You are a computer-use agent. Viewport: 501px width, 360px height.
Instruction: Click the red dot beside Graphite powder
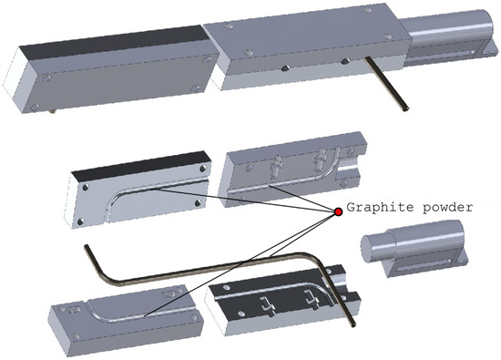point(338,211)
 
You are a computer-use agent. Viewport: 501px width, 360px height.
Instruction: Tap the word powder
point(447,208)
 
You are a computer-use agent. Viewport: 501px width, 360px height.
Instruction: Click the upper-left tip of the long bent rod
point(87,246)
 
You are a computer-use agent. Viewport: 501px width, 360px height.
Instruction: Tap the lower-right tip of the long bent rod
point(353,324)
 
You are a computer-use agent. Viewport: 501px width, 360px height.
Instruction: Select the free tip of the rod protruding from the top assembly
point(406,109)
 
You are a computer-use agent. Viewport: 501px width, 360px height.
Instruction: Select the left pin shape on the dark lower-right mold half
point(267,306)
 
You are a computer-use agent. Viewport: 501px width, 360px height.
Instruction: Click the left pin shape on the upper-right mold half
point(277,167)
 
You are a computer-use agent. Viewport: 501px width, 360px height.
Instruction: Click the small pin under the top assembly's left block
point(53,111)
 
